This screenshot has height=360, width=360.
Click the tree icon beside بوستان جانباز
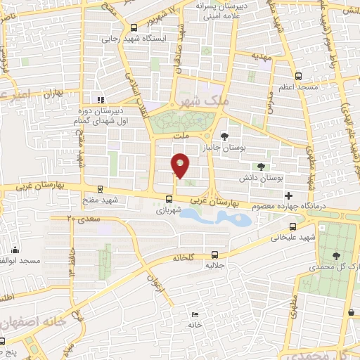224,136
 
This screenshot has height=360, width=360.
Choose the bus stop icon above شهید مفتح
99,188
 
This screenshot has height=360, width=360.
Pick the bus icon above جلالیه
214,255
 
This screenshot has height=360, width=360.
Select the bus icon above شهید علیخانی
292,226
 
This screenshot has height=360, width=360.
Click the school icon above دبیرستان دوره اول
100,99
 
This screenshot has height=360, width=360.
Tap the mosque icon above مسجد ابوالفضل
15,250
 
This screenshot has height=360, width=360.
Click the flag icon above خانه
195,314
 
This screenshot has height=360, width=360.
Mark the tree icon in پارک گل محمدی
334,257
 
